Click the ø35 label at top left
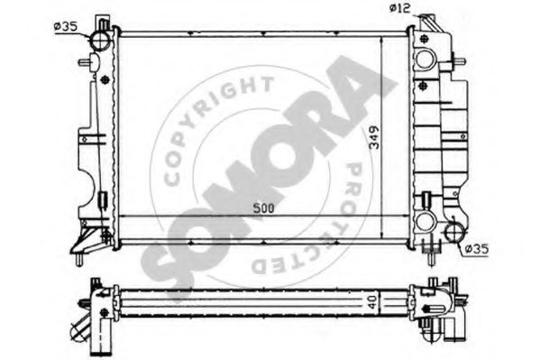(x=66, y=26)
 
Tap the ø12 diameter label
(x=400, y=8)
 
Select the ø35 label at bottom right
(x=476, y=249)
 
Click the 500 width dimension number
(x=263, y=208)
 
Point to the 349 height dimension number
(x=374, y=137)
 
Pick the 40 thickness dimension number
(x=372, y=301)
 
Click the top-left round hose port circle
(x=101, y=41)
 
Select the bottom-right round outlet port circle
(x=455, y=232)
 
